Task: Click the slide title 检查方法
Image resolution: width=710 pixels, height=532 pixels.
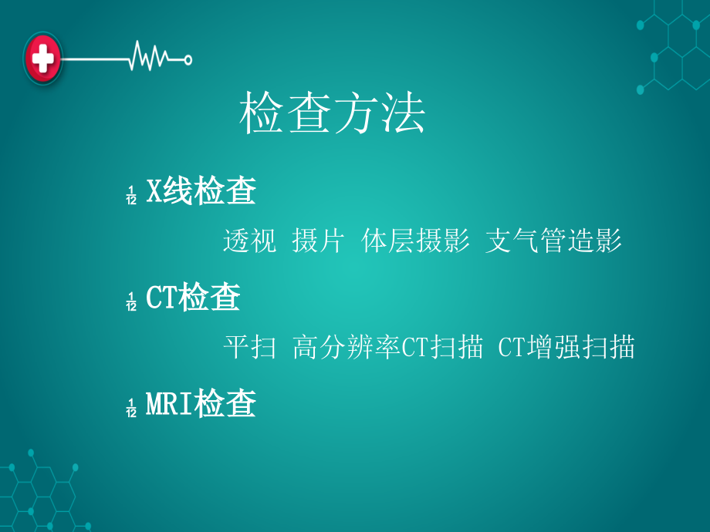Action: click(333, 115)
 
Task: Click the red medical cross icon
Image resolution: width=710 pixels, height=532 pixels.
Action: click(43, 58)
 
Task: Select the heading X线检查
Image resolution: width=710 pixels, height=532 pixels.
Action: click(201, 192)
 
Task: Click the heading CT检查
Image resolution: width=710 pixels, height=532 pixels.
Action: click(193, 298)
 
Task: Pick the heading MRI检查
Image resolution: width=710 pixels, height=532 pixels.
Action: click(201, 403)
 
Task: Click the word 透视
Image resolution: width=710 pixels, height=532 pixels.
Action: click(249, 241)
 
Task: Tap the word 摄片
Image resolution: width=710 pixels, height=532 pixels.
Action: click(318, 241)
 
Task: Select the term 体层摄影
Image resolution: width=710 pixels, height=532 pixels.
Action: click(415, 241)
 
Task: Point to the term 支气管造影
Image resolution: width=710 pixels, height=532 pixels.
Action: click(553, 241)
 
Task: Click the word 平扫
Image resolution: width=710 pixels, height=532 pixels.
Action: click(249, 347)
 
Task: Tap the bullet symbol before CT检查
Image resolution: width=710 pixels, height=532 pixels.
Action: click(131, 301)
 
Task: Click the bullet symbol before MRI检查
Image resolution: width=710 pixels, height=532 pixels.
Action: click(131, 406)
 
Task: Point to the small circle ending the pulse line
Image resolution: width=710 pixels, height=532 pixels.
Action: click(188, 58)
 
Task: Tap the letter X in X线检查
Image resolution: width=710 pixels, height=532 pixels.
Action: click(154, 192)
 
